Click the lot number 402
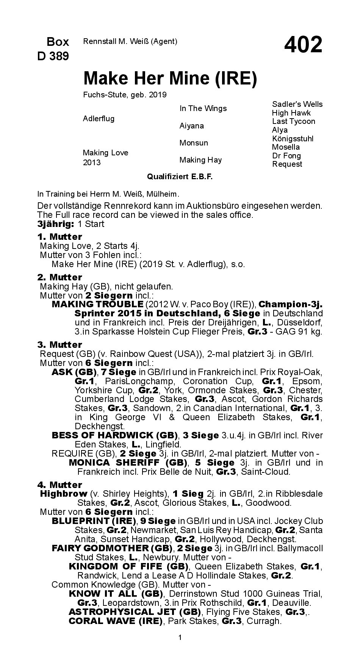[x=303, y=45]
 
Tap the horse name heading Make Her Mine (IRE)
[x=170, y=78]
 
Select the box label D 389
[x=53, y=56]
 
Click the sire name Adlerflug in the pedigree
[x=99, y=119]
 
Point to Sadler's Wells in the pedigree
[x=297, y=104]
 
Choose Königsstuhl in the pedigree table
[x=293, y=139]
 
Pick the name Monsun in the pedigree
[x=194, y=143]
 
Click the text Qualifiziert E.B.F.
[x=180, y=177]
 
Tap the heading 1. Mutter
[x=59, y=237]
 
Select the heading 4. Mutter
[x=59, y=485]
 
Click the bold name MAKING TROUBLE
[x=97, y=304]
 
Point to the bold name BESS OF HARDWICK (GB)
[x=114, y=435]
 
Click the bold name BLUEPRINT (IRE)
[x=94, y=521]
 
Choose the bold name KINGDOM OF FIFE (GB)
[x=128, y=566]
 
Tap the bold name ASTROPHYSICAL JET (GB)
[x=135, y=612]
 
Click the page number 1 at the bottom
[x=180, y=638]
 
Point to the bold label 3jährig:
[x=55, y=224]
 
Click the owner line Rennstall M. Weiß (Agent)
[x=130, y=42]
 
